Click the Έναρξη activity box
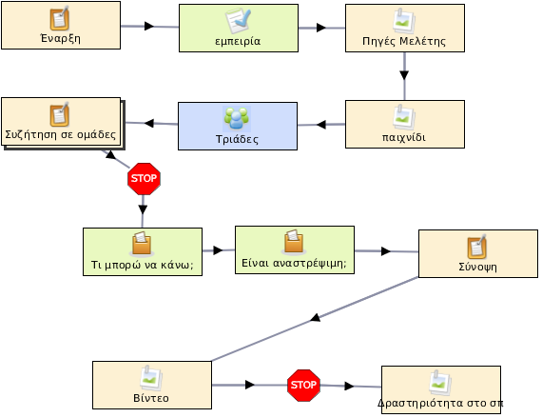click(x=61, y=26)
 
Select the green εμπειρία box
click(x=239, y=28)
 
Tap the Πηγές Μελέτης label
click(x=404, y=42)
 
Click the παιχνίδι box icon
click(x=404, y=116)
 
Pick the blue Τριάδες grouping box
click(x=238, y=126)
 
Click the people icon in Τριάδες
click(x=237, y=119)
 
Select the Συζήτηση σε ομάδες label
click(x=61, y=134)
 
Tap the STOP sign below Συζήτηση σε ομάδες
click(x=144, y=179)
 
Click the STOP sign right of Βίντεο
click(x=303, y=385)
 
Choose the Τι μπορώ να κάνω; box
click(x=143, y=251)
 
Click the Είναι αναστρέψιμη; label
click(x=294, y=264)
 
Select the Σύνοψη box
click(x=478, y=253)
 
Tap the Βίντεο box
click(x=152, y=385)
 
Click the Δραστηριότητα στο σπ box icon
click(x=440, y=383)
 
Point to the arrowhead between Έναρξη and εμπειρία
click(x=149, y=26)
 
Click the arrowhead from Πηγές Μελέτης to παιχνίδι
click(x=404, y=75)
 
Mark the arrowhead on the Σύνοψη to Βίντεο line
click(x=315, y=317)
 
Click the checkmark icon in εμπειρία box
click(x=238, y=20)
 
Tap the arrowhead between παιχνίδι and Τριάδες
click(x=321, y=125)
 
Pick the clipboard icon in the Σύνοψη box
click(x=477, y=247)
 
